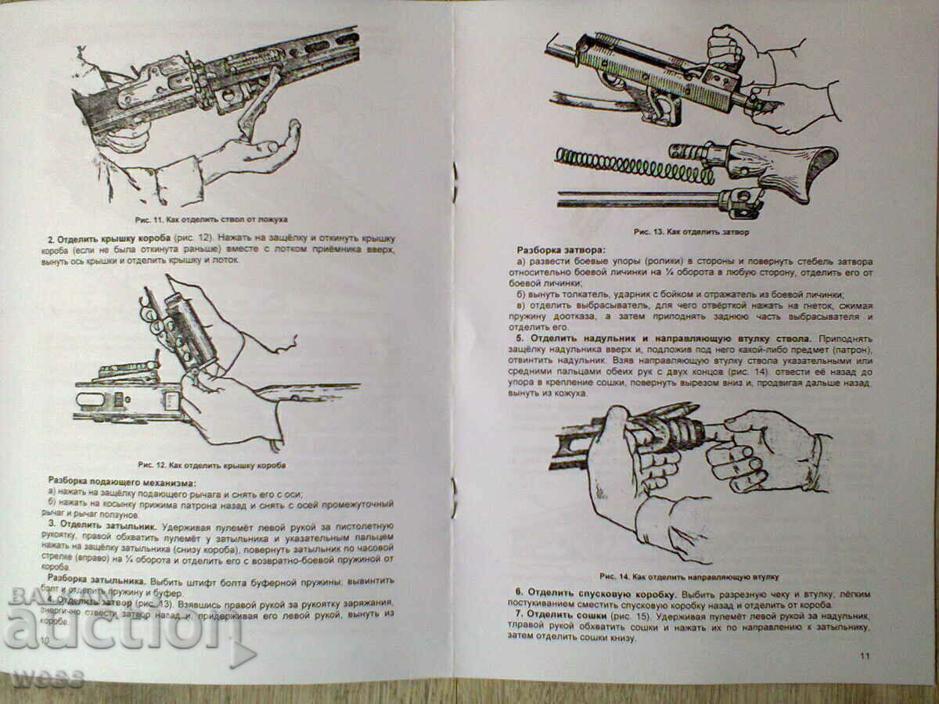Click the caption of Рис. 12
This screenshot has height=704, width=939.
pos(211,465)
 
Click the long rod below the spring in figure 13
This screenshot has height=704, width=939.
pos(638,199)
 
